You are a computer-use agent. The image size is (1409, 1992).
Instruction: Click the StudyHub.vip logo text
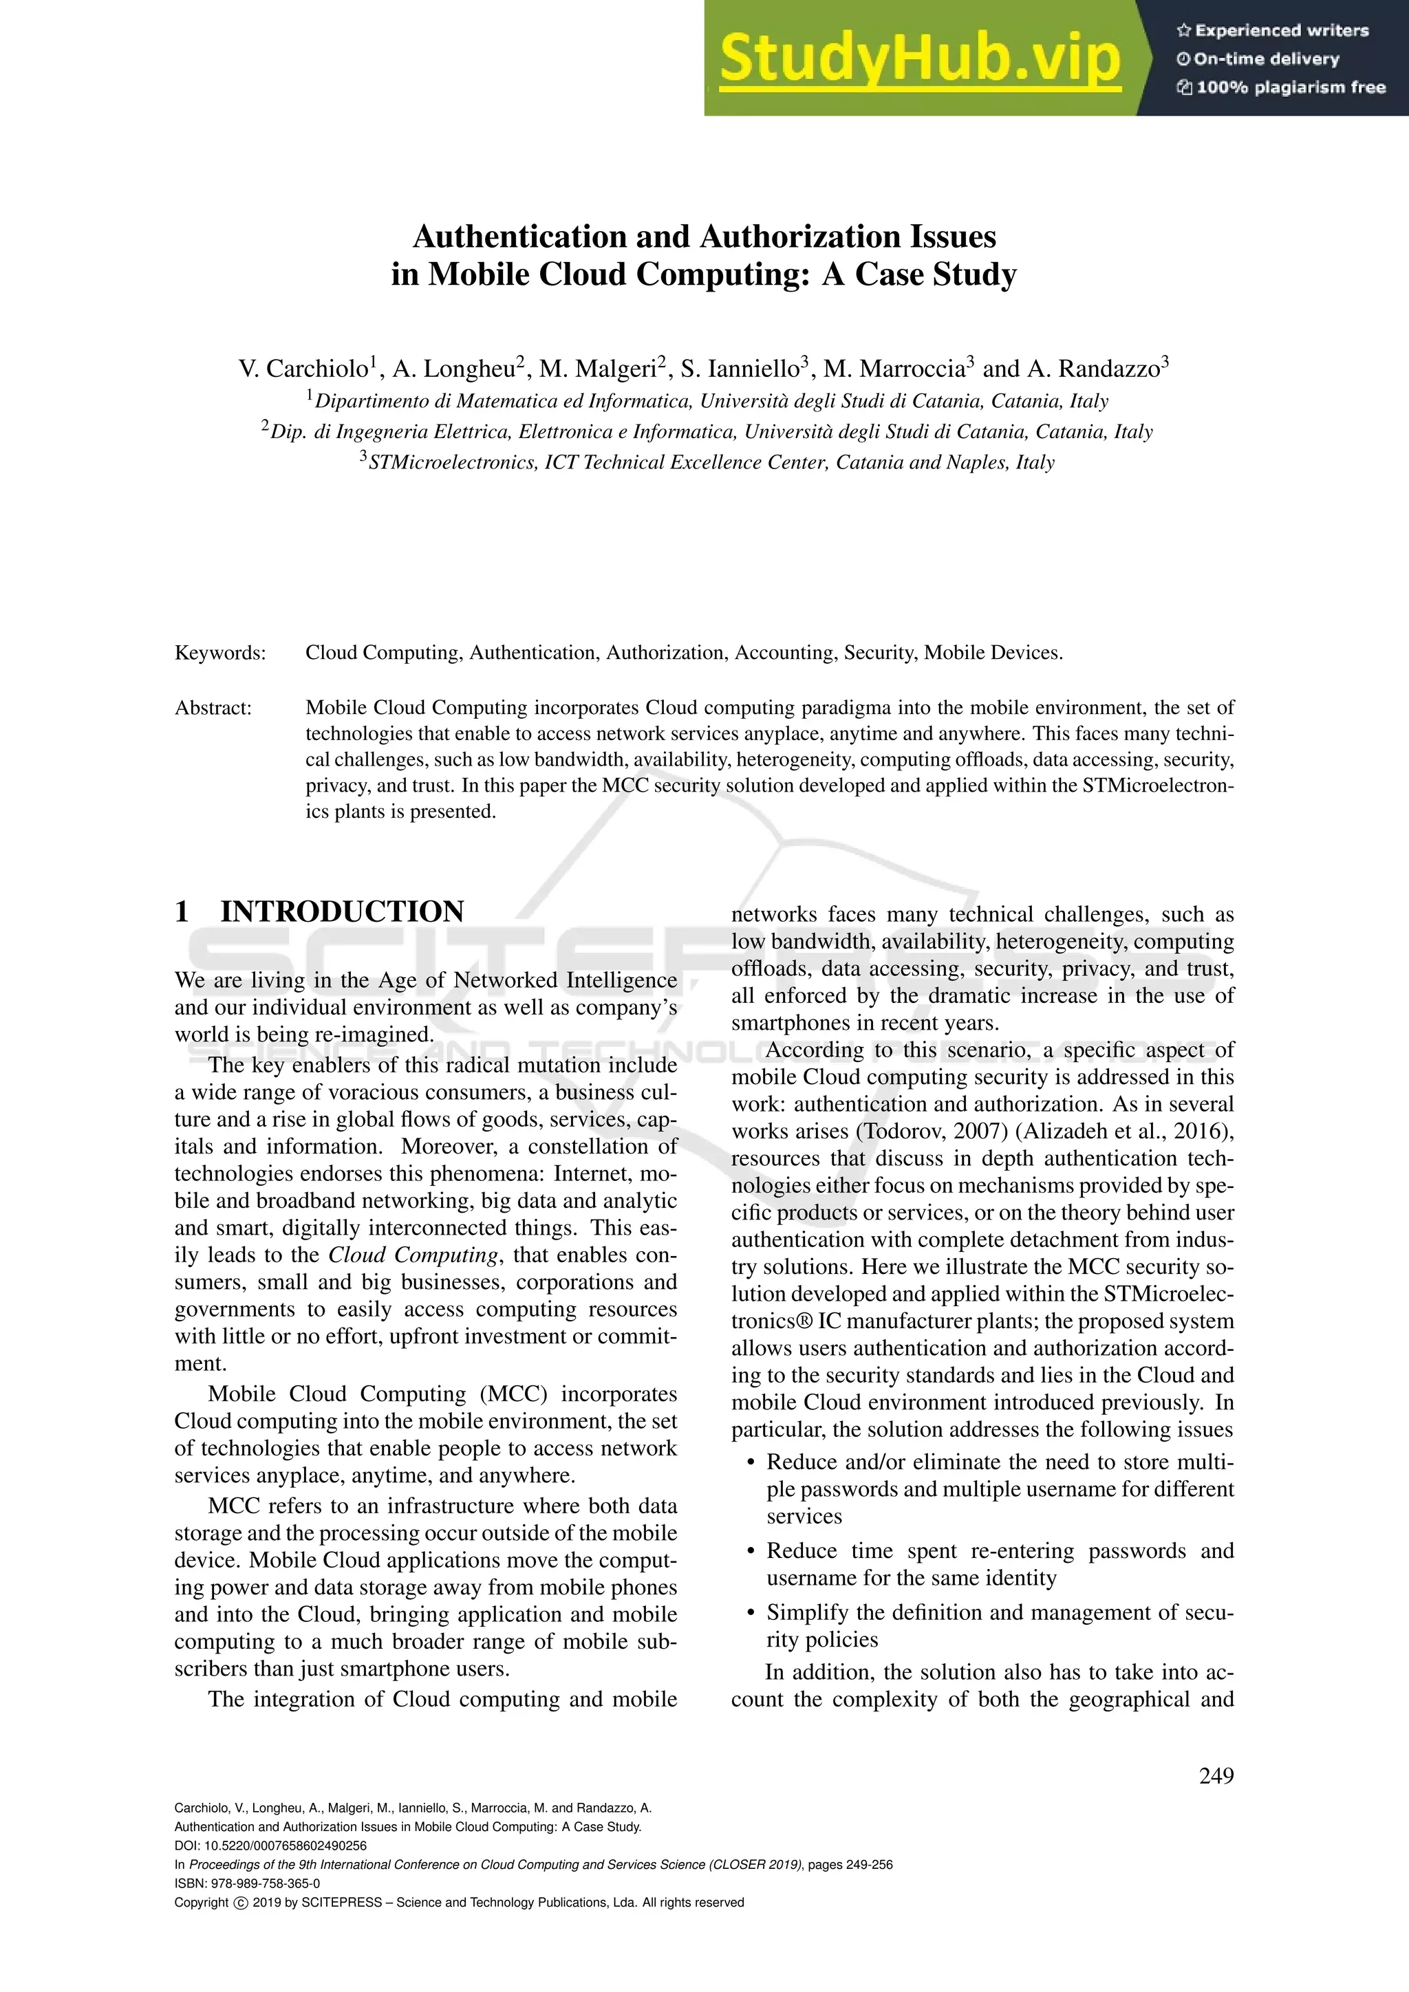[920, 59]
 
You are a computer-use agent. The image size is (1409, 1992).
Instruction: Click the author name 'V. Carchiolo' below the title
[303, 369]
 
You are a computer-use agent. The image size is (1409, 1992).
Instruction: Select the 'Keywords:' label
[220, 653]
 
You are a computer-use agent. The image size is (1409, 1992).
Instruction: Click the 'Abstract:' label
[213, 708]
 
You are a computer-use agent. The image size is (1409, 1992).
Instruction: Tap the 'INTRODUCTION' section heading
[342, 912]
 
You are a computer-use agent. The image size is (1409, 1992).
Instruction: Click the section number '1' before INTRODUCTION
[182, 912]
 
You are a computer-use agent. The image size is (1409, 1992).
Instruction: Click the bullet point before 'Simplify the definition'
[751, 1614]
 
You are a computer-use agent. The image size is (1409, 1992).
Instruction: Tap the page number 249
[1216, 1776]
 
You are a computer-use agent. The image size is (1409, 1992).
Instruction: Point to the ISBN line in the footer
[247, 1883]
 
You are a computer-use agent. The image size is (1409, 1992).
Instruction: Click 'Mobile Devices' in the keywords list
[991, 653]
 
